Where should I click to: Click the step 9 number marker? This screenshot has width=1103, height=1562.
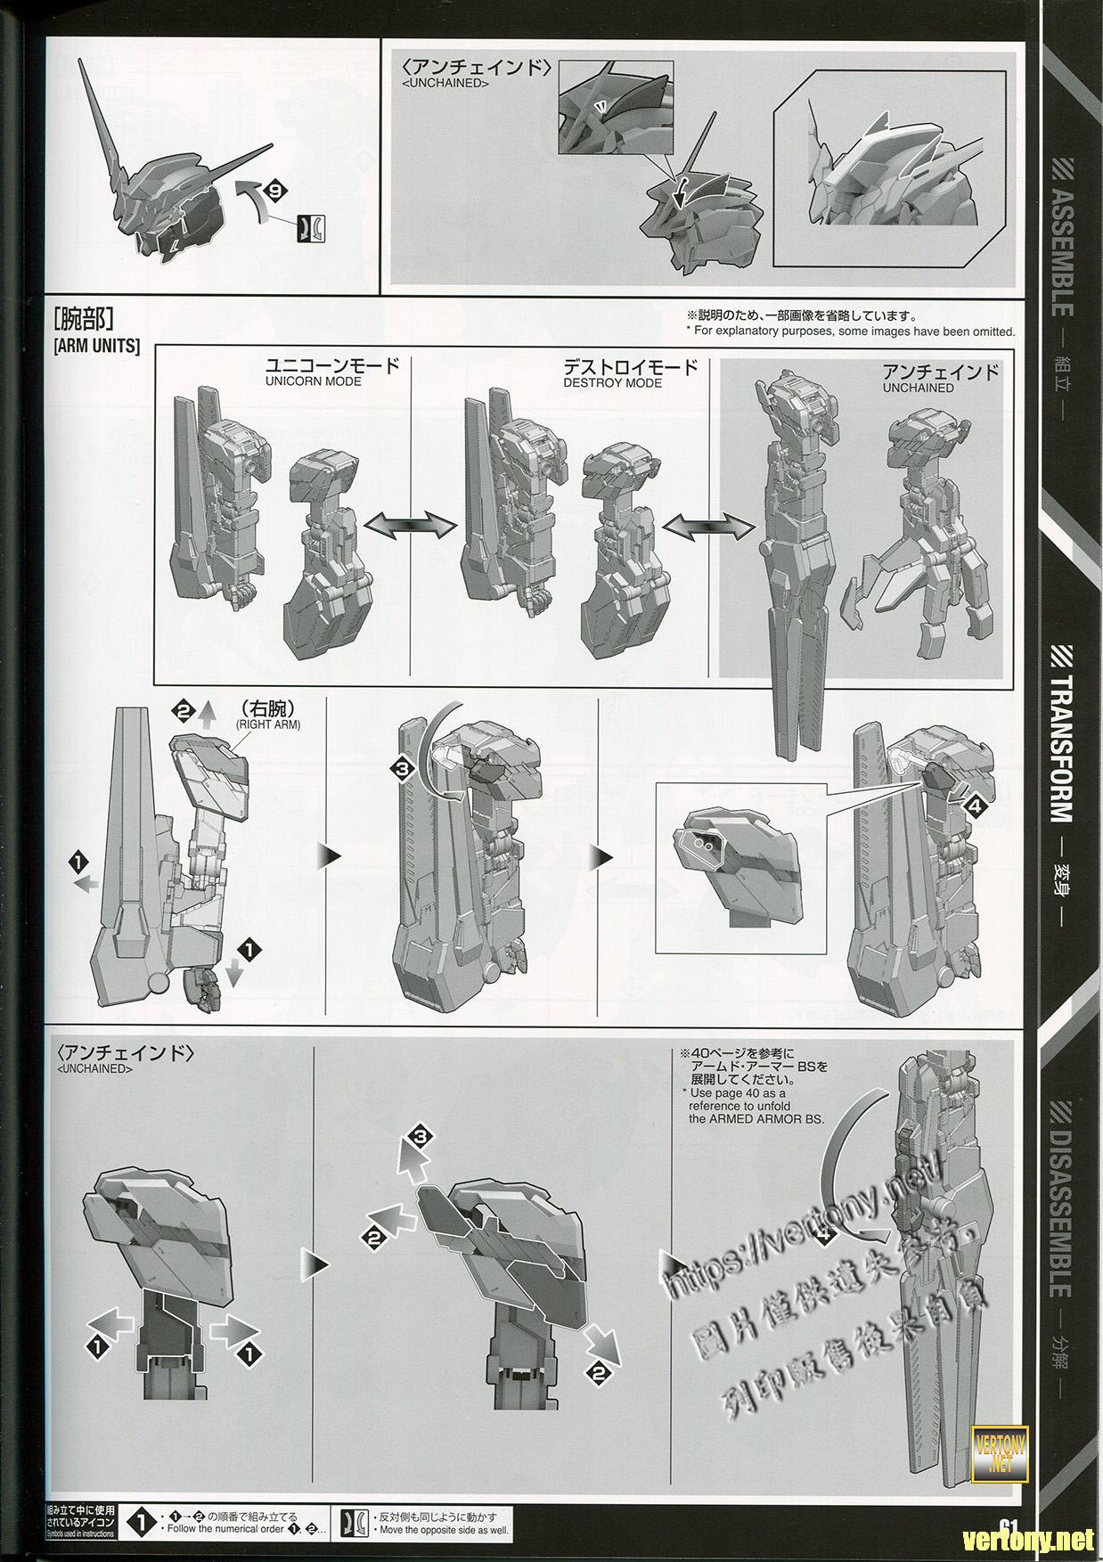tap(277, 190)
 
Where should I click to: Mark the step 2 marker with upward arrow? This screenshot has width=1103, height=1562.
tap(183, 711)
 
